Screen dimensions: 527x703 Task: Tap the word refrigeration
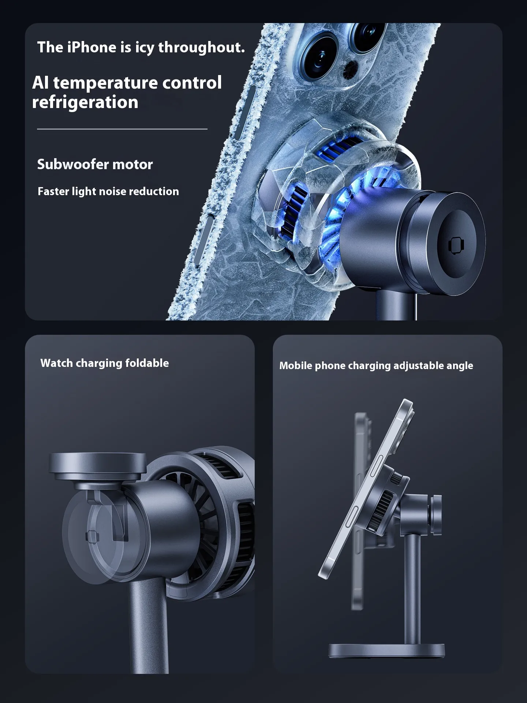pyautogui.click(x=85, y=103)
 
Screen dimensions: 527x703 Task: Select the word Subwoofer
pyautogui.click(x=73, y=164)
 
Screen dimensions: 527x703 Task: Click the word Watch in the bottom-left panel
pyautogui.click(x=57, y=363)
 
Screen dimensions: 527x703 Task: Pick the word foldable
pyautogui.click(x=147, y=363)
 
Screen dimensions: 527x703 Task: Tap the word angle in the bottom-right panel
pyautogui.click(x=460, y=366)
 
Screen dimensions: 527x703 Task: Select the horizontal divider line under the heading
pyautogui.click(x=122, y=129)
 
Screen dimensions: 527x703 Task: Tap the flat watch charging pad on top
pyautogui.click(x=97, y=466)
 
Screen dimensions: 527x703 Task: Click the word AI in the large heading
pyautogui.click(x=40, y=83)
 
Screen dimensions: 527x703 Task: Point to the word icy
pyautogui.click(x=144, y=48)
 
